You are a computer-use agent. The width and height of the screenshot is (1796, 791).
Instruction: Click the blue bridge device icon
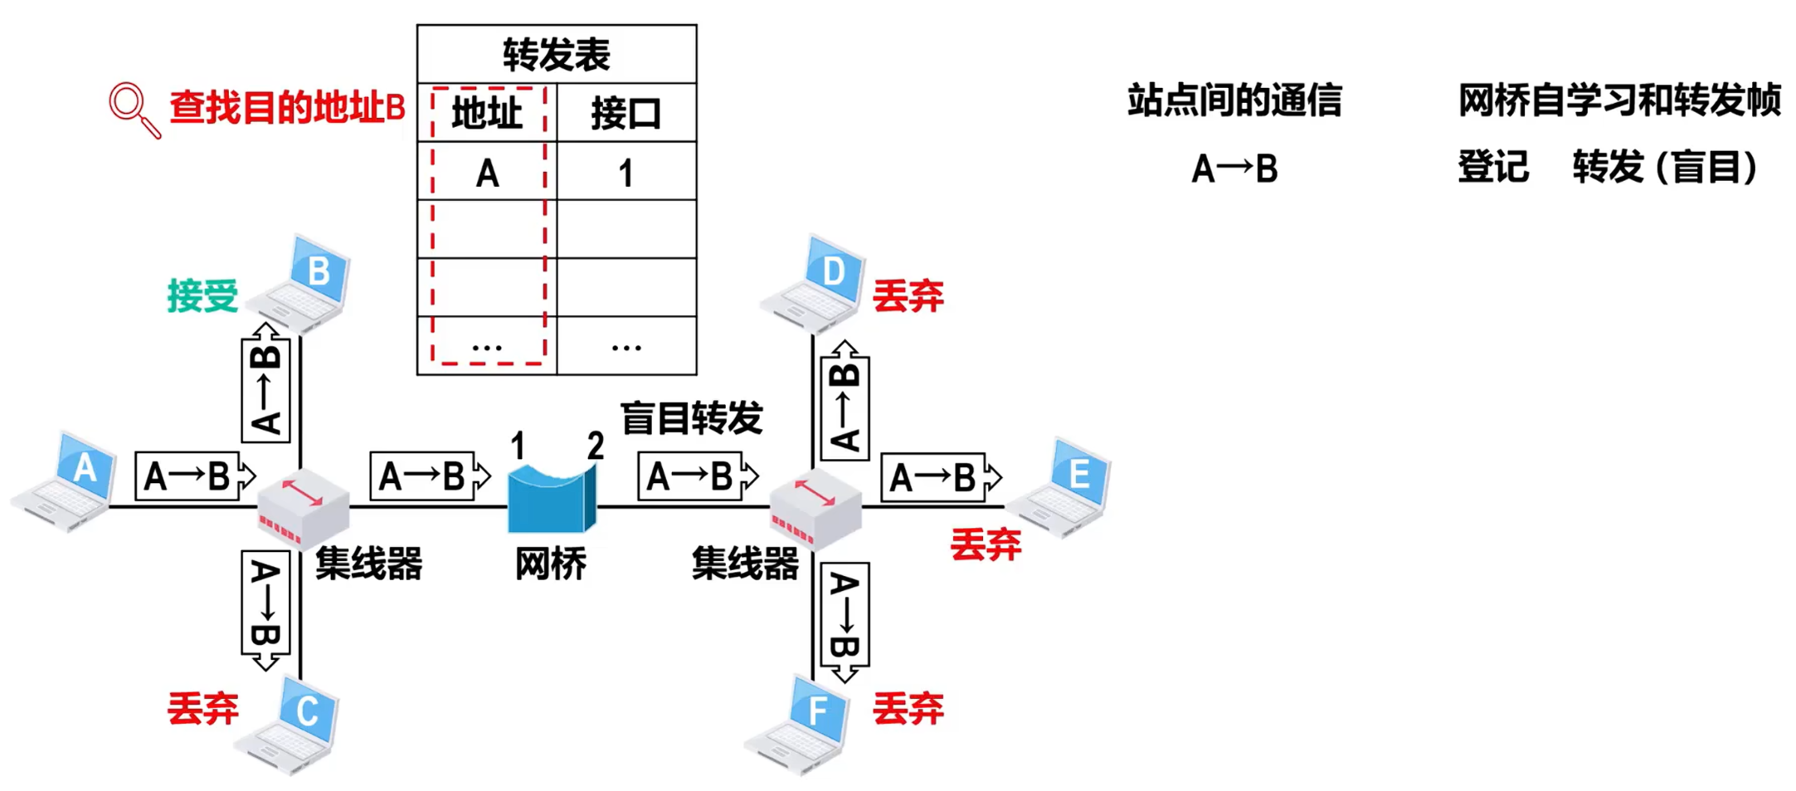pos(552,498)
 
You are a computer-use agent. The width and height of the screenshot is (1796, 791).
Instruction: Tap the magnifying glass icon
pos(133,109)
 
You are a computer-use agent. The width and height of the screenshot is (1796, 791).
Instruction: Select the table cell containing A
pos(487,172)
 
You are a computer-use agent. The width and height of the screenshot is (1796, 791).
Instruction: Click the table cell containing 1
pos(625,172)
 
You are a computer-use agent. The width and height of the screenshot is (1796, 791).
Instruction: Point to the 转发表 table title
pos(556,55)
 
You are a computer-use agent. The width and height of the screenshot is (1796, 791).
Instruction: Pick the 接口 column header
pos(625,113)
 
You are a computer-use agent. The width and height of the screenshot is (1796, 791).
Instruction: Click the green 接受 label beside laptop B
pos(202,296)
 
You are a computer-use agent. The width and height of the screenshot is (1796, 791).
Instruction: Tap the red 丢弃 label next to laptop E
pos(986,544)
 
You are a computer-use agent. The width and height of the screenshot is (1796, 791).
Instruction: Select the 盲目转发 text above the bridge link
pos(691,417)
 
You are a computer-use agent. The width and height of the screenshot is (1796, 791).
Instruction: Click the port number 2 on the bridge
pos(595,447)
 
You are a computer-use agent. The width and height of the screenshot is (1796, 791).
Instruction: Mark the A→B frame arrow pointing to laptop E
pos(941,477)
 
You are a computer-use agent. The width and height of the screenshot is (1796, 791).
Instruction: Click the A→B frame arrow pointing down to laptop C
pos(265,609)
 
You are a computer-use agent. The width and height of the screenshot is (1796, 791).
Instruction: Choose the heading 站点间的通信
pos(1234,100)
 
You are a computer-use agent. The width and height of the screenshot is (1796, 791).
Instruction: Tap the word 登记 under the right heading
pos(1493,167)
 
